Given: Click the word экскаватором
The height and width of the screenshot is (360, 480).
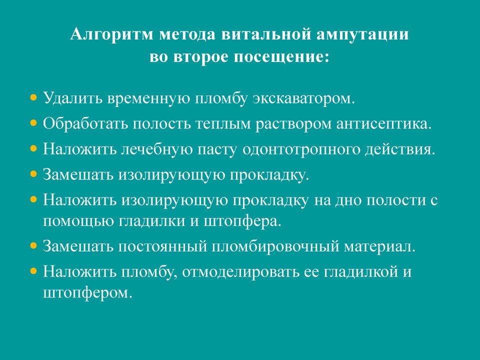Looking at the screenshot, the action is pyautogui.click(x=303, y=98).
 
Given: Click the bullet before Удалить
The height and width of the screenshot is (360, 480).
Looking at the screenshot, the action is pyautogui.click(x=33, y=98).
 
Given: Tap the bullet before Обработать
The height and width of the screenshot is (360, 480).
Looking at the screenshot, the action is pyautogui.click(x=33, y=123).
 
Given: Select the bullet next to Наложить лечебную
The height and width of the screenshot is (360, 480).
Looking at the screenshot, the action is pyautogui.click(x=33, y=148).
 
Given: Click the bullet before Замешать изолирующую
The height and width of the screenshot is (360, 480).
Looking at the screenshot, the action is pyautogui.click(x=33, y=174).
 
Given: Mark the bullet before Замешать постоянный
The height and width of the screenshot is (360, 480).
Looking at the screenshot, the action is pyautogui.click(x=33, y=245).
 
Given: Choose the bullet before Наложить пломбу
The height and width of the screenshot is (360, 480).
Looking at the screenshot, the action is pyautogui.click(x=33, y=271).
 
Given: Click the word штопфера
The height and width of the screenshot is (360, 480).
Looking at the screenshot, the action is pyautogui.click(x=242, y=221).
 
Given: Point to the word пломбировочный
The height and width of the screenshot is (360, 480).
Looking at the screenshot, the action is pyautogui.click(x=275, y=246).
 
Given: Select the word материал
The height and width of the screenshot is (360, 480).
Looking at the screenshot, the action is pyautogui.click(x=379, y=246).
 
